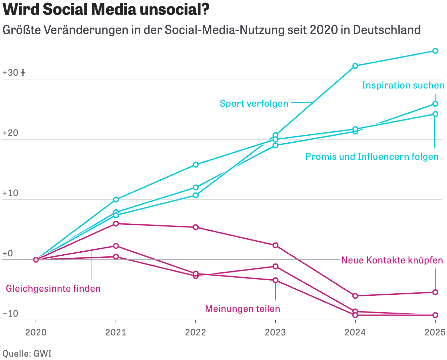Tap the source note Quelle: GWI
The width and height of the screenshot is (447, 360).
[27, 354]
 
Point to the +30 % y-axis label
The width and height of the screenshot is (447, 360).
[14, 73]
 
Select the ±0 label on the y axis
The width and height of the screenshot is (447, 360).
[8, 254]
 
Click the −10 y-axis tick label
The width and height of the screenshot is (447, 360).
[10, 314]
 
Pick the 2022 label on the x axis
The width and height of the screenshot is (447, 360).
[196, 333]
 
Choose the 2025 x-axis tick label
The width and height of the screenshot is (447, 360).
[435, 333]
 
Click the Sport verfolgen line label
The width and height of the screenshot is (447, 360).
[254, 103]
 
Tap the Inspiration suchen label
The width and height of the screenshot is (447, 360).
[403, 85]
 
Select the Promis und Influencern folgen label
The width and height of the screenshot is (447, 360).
[372, 157]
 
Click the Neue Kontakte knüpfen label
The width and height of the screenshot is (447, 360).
[392, 260]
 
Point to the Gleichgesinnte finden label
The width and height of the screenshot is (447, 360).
[53, 289]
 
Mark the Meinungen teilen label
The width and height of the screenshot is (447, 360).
[242, 309]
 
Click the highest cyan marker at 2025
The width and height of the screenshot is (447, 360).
[435, 51]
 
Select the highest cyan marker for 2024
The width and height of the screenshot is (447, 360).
[355, 66]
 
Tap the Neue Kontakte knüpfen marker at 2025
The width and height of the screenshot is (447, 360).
[435, 292]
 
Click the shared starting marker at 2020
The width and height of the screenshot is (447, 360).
[36, 260]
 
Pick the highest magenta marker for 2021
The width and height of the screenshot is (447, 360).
[116, 224]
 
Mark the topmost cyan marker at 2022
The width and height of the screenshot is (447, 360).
[196, 165]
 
